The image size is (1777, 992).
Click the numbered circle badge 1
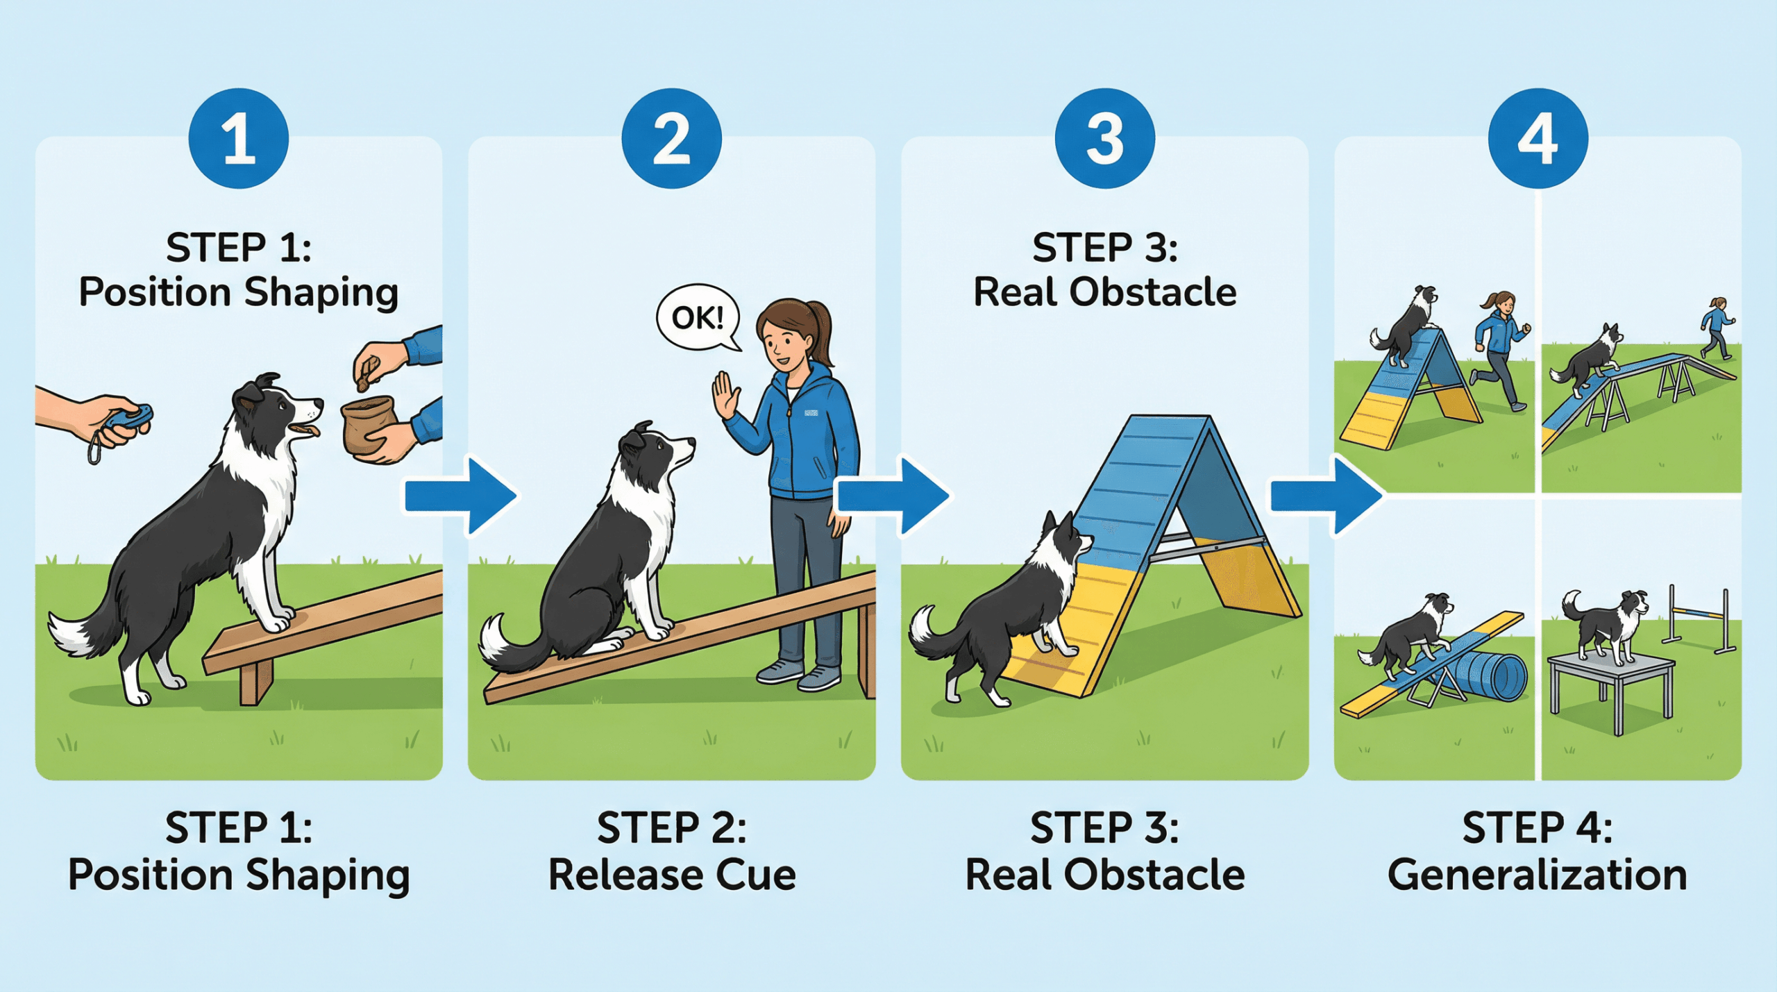point(239,138)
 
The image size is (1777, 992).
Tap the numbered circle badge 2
point(671,138)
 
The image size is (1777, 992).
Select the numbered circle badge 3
point(1104,138)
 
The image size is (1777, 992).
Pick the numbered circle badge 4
point(1538,138)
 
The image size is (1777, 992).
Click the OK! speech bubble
point(698,319)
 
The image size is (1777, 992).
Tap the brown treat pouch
point(369,424)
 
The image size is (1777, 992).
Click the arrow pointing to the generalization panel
point(1327,496)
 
